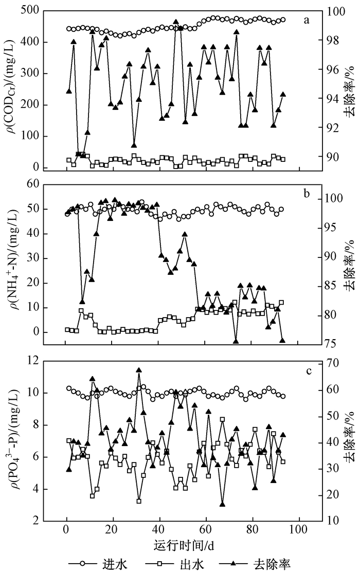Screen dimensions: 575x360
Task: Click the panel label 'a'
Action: tap(307, 21)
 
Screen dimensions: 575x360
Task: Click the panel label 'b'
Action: tap(307, 193)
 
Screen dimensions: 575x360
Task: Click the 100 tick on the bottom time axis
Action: tap(299, 530)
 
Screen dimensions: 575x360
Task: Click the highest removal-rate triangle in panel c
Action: tap(139, 370)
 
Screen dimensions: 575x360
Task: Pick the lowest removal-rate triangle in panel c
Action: tap(222, 504)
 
